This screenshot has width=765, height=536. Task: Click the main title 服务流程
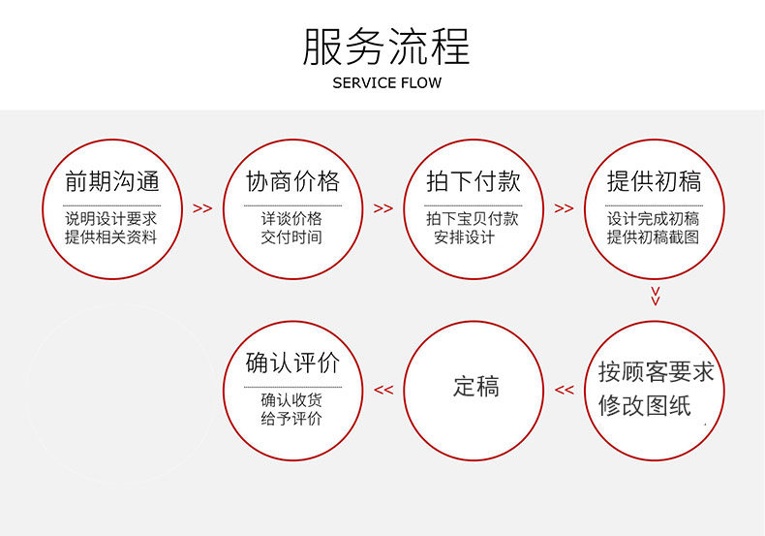pos(386,47)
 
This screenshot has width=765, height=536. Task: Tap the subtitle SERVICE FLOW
pos(386,83)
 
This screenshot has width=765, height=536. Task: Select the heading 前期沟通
pos(112,181)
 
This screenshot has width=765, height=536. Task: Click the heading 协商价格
pos(292,181)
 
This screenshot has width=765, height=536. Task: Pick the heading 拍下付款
pos(474,181)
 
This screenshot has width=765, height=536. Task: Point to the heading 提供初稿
pos(654,181)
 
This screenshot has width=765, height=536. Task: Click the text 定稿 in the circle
pos(476,386)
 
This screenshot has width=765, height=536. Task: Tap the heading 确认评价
pos(292,363)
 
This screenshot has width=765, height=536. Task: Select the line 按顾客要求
pos(656,371)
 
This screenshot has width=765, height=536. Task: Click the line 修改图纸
pos(645,405)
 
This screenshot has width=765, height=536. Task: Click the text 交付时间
pos(291,237)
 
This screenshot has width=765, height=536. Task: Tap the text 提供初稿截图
pos(653,237)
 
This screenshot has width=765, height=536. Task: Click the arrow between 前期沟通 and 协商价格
pos(202,208)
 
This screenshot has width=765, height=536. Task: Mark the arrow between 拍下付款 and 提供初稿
pos(564,208)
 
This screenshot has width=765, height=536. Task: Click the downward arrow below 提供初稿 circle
pos(656,296)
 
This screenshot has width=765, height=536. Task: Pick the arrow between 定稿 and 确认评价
pos(383,390)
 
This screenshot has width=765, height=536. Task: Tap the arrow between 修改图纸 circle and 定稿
pos(564,390)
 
